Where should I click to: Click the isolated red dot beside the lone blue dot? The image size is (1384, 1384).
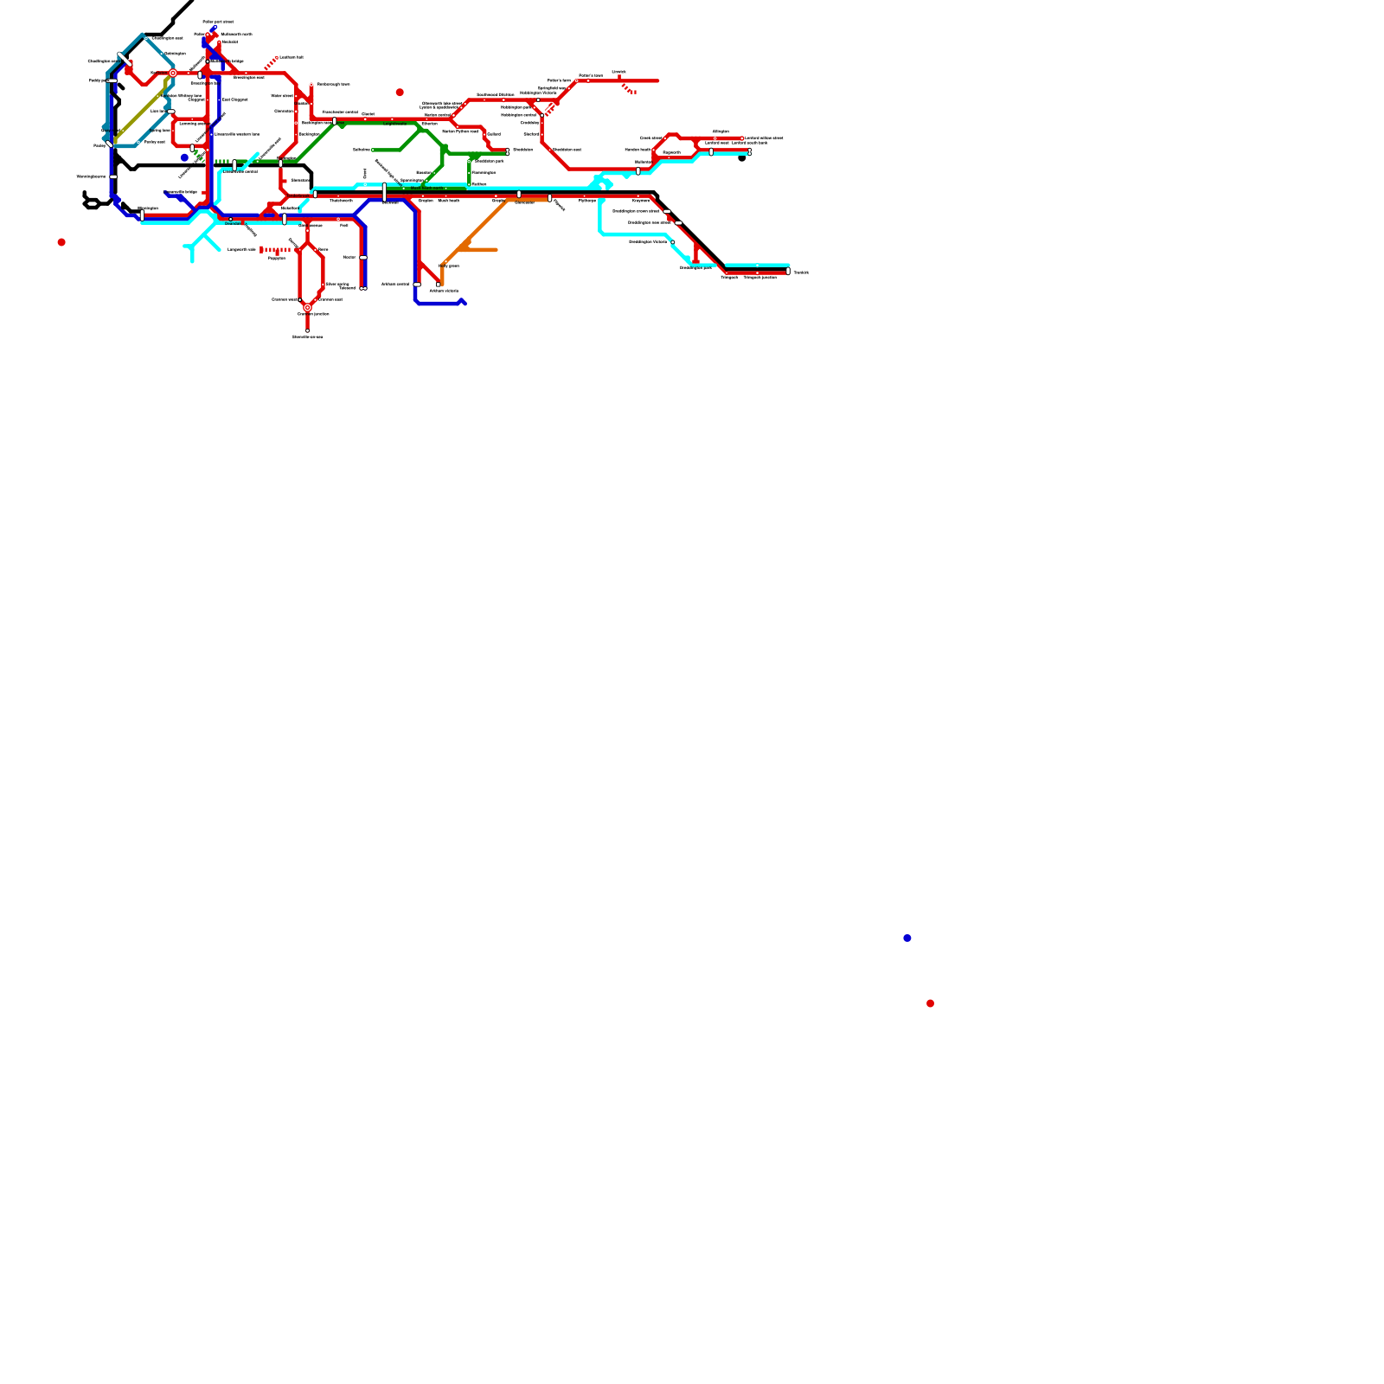pyautogui.click(x=930, y=1003)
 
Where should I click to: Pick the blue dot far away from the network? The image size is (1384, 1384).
pyautogui.click(x=907, y=938)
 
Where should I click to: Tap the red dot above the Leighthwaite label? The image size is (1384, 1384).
pyautogui.click(x=400, y=92)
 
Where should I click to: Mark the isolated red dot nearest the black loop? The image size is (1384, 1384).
pyautogui.click(x=61, y=242)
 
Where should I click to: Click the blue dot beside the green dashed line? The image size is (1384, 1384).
pyautogui.click(x=184, y=157)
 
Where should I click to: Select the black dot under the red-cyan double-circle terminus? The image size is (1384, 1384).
pyautogui.click(x=741, y=158)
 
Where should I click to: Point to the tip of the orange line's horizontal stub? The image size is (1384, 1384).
pyautogui.click(x=496, y=250)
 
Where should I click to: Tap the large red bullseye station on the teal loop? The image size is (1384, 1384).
pyautogui.click(x=173, y=74)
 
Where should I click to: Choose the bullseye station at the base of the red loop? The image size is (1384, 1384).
pyautogui.click(x=307, y=307)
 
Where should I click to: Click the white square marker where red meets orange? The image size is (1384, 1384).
pyautogui.click(x=439, y=285)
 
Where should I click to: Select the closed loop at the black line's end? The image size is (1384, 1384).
pyautogui.click(x=91, y=204)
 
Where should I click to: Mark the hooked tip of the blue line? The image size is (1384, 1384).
pyautogui.click(x=463, y=301)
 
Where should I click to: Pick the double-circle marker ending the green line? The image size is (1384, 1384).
pyautogui.click(x=508, y=151)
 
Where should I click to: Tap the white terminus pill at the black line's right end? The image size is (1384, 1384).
pyautogui.click(x=788, y=272)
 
